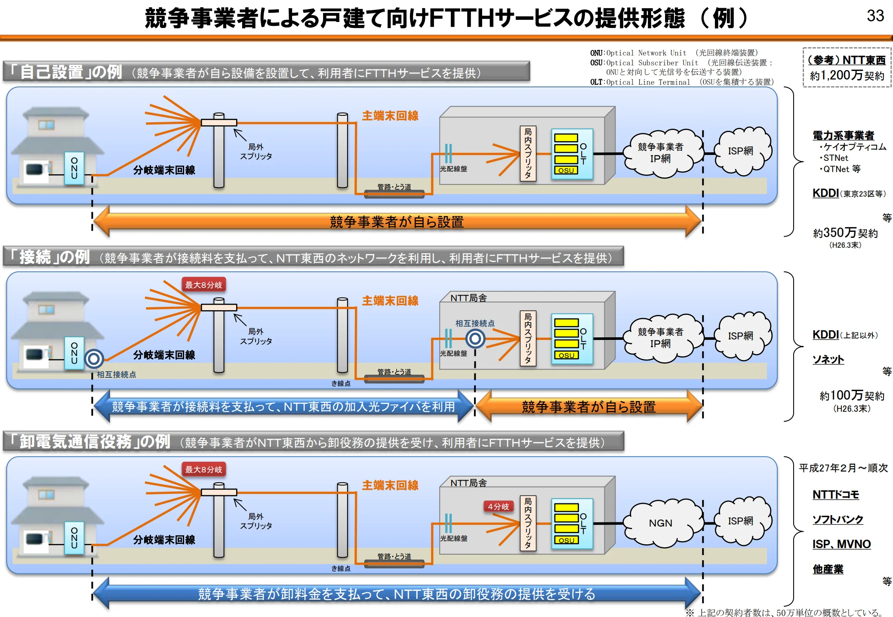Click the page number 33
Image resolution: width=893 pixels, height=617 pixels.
[x=875, y=16]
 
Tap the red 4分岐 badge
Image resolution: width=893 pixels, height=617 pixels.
[x=498, y=506]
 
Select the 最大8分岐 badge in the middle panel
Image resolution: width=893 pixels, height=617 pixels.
[x=203, y=285]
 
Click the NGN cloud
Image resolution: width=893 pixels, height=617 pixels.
[x=660, y=523]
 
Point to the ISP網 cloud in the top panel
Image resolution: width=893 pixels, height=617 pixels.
[x=740, y=151]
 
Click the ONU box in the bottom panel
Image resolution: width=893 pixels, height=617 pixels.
[x=74, y=538]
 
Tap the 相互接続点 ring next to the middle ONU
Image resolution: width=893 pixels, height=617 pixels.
[x=94, y=358]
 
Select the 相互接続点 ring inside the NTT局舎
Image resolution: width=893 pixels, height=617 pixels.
[x=475, y=339]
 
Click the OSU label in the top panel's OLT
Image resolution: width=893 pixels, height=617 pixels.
[x=566, y=170]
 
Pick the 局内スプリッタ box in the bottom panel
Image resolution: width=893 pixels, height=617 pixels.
[x=528, y=523]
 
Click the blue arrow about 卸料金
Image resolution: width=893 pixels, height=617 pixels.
[x=397, y=594]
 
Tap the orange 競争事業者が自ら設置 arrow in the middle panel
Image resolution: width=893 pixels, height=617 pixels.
[x=588, y=407]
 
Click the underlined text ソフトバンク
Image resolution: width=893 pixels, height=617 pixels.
[x=838, y=519]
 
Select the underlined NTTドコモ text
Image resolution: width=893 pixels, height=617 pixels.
[x=835, y=495]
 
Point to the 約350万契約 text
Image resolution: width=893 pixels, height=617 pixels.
[x=845, y=233]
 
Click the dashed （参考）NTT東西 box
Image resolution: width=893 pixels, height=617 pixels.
[x=847, y=68]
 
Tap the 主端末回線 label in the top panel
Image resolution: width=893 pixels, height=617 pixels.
[x=390, y=116]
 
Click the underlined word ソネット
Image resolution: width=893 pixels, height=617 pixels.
[x=828, y=359]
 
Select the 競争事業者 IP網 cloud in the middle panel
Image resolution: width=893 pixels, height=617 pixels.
[x=660, y=338]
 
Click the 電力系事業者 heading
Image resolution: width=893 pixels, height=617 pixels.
[x=843, y=136]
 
